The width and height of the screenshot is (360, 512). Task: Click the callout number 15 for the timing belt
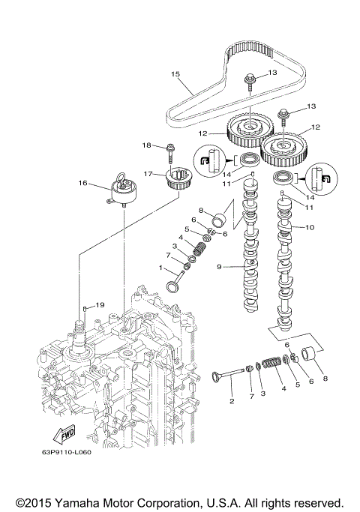(x=175, y=74)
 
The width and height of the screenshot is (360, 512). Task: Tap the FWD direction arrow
(x=64, y=434)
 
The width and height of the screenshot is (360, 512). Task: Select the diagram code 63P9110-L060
(x=66, y=452)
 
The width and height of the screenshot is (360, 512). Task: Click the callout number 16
(x=83, y=183)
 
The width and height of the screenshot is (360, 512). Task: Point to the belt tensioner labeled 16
(x=121, y=191)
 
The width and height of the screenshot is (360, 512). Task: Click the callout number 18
(x=147, y=145)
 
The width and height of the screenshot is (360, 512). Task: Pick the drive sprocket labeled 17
(x=176, y=180)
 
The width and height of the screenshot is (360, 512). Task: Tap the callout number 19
(x=100, y=305)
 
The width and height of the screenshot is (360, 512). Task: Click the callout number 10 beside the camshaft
(x=309, y=226)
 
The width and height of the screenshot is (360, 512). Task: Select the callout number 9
(x=219, y=267)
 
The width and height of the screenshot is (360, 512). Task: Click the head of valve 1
(x=170, y=287)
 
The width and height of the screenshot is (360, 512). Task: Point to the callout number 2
(x=232, y=401)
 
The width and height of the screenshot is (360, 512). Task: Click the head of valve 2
(x=217, y=376)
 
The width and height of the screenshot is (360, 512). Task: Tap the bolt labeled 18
(x=170, y=154)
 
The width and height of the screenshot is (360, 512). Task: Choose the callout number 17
(x=148, y=174)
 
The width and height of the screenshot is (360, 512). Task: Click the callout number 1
(x=160, y=268)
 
